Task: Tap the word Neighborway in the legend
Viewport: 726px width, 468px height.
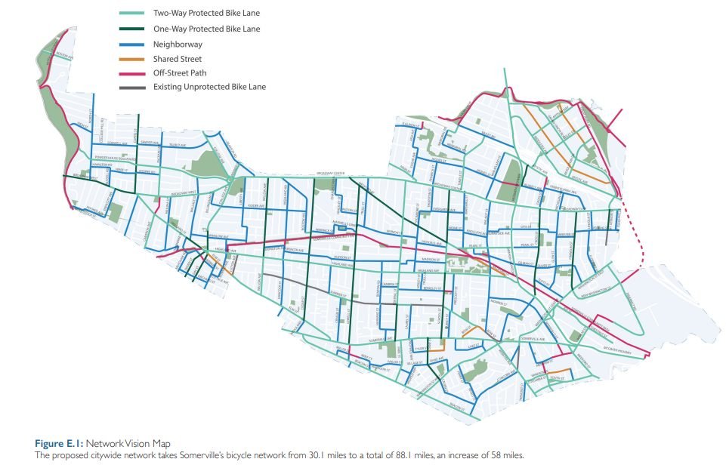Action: pyautogui.click(x=178, y=44)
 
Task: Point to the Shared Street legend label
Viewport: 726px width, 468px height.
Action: pyautogui.click(x=178, y=58)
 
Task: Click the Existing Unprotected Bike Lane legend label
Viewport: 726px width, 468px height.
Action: pyautogui.click(x=209, y=87)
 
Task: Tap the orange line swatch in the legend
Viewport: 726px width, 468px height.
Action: pyautogui.click(x=132, y=58)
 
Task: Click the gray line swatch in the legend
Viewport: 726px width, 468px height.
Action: pyautogui.click(x=132, y=87)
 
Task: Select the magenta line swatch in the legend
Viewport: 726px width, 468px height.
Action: pyautogui.click(x=132, y=72)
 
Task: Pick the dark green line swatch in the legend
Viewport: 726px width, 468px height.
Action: pyautogui.click(x=132, y=28)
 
